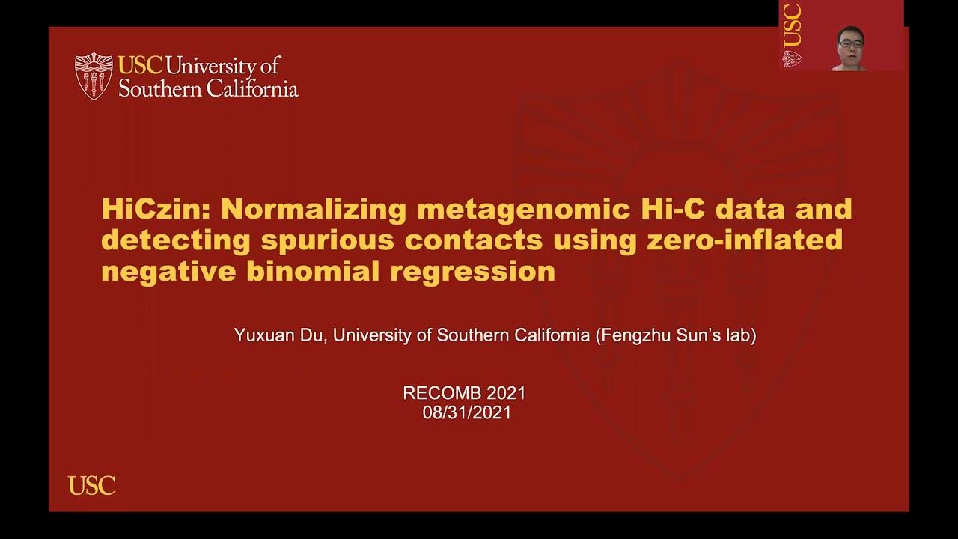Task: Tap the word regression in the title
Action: (472, 271)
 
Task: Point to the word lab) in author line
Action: (739, 335)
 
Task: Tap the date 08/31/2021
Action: (466, 412)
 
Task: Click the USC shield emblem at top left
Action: (94, 76)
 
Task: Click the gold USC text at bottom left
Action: (92, 486)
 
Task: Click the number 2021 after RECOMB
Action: (506, 393)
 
